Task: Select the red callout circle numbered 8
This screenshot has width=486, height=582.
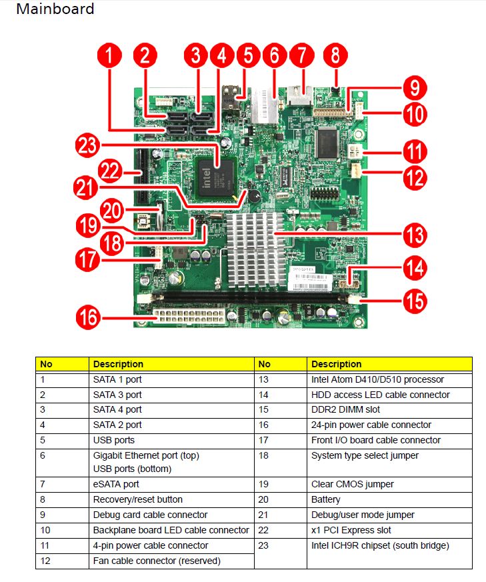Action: (335, 55)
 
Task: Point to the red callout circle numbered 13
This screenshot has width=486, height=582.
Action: (415, 235)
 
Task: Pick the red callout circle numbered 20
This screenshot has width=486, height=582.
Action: (113, 209)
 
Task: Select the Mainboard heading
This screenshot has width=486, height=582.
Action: (55, 9)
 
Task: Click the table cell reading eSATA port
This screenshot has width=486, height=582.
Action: (116, 484)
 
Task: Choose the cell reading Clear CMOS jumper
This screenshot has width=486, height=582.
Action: (352, 484)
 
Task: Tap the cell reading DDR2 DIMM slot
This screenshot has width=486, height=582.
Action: (345, 409)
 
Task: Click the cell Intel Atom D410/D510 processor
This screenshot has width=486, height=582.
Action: (377, 379)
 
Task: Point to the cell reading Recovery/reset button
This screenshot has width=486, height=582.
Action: (137, 499)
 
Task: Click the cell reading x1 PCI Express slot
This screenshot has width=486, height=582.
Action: (351, 530)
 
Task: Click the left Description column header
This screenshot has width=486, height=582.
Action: (118, 364)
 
